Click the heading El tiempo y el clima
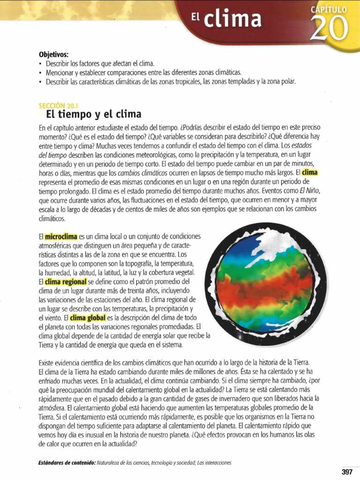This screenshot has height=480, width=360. pos(94,114)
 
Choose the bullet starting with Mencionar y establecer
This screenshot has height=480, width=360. pos(143,73)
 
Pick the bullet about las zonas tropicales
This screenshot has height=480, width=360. pos(171,82)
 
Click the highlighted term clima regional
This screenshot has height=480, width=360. pos(66,282)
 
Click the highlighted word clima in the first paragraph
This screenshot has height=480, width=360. pos(310,172)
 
